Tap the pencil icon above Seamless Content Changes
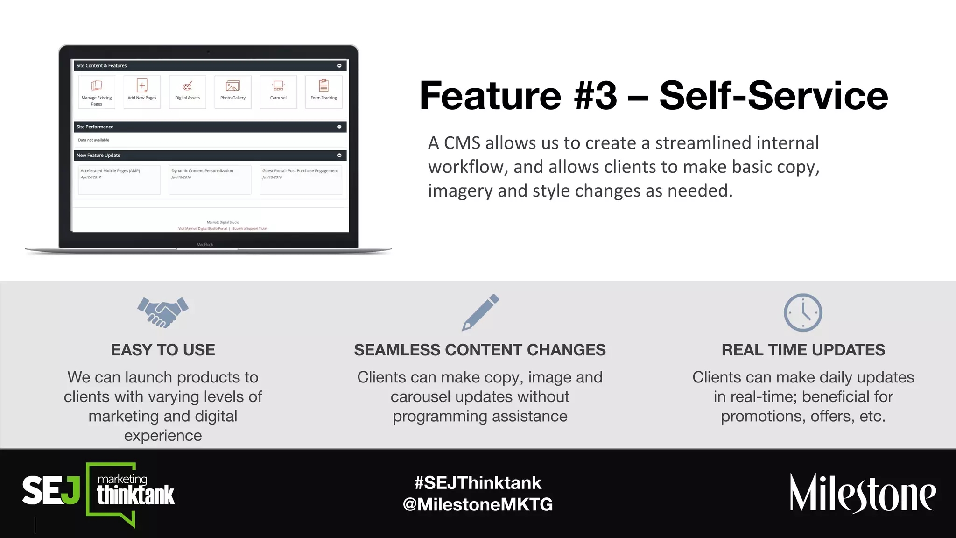pos(480,312)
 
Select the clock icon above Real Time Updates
pos(803,312)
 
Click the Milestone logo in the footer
pos(863,493)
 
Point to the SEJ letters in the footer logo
pos(51,490)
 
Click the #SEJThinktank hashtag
pos(478,482)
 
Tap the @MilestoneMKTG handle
pos(478,504)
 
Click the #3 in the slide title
pos(595,96)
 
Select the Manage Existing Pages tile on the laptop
pos(97,92)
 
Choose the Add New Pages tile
pos(142,92)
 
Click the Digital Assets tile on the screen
pos(187,92)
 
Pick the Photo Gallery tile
pos(233,92)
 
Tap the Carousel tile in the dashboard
pos(278,92)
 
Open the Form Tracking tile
pos(323,92)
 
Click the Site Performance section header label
pos(95,127)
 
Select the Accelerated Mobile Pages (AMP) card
pos(119,179)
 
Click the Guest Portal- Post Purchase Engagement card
pos(301,179)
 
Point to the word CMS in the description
pos(462,143)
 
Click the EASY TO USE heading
pos(163,350)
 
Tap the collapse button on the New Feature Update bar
pos(339,156)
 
